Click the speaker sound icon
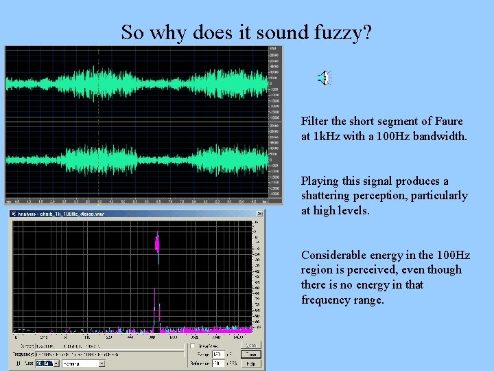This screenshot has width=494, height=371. tap(325, 78)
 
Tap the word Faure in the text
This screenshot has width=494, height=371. tap(448, 121)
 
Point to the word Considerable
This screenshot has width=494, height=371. tap(335, 255)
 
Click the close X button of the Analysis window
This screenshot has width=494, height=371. tap(259, 214)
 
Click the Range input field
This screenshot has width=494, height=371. tap(219, 354)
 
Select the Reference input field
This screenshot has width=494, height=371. tap(219, 363)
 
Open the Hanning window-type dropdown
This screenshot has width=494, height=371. tap(83, 363)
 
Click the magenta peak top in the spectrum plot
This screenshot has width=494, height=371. tap(157, 242)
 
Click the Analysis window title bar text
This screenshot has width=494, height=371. tap(62, 214)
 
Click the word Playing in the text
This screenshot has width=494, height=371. tap(320, 181)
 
